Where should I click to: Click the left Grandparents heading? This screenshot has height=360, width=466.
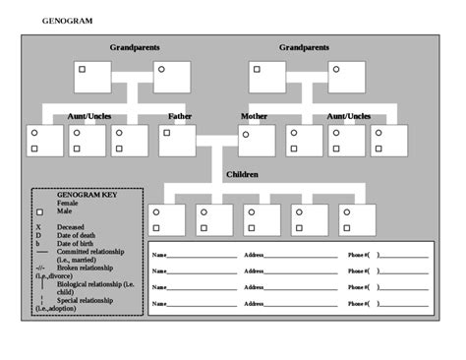(x=135, y=47)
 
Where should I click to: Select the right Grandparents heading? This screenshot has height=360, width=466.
(x=304, y=47)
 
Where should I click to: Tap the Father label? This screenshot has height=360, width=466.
(x=180, y=116)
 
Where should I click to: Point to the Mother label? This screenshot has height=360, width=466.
(x=254, y=116)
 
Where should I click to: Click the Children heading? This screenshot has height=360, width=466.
(x=242, y=174)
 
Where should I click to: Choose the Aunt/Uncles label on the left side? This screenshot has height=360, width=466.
(x=89, y=116)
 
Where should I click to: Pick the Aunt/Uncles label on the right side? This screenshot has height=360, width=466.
(x=349, y=116)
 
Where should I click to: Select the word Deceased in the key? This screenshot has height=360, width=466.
(x=71, y=226)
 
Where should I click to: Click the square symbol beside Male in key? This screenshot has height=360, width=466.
(x=39, y=212)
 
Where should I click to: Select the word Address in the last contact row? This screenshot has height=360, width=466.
(x=255, y=304)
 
